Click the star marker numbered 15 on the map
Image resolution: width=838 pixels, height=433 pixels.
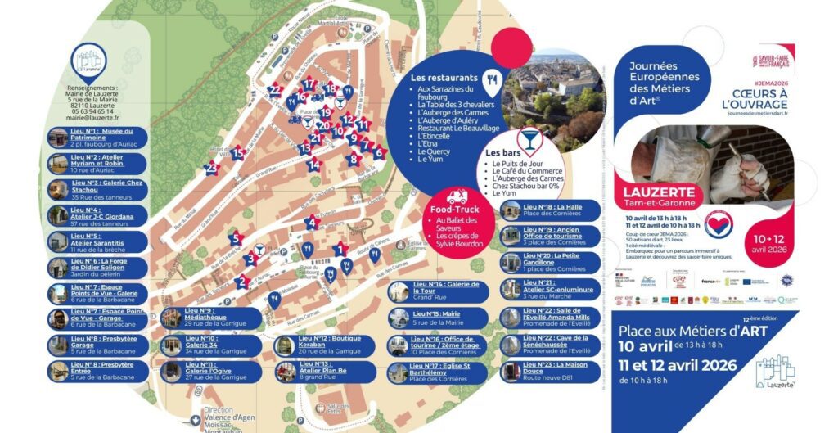point(237,153)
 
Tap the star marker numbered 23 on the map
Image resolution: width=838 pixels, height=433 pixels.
point(211,169)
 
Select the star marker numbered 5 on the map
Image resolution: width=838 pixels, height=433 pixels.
point(236,239)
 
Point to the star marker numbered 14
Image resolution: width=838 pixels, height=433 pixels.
point(313,165)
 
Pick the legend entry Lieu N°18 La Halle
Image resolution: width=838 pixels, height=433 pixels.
point(552,211)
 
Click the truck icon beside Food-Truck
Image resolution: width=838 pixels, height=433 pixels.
point(457,197)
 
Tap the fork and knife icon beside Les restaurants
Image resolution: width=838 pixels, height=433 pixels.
point(491,79)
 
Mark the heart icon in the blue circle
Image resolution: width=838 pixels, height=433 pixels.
point(719,223)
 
